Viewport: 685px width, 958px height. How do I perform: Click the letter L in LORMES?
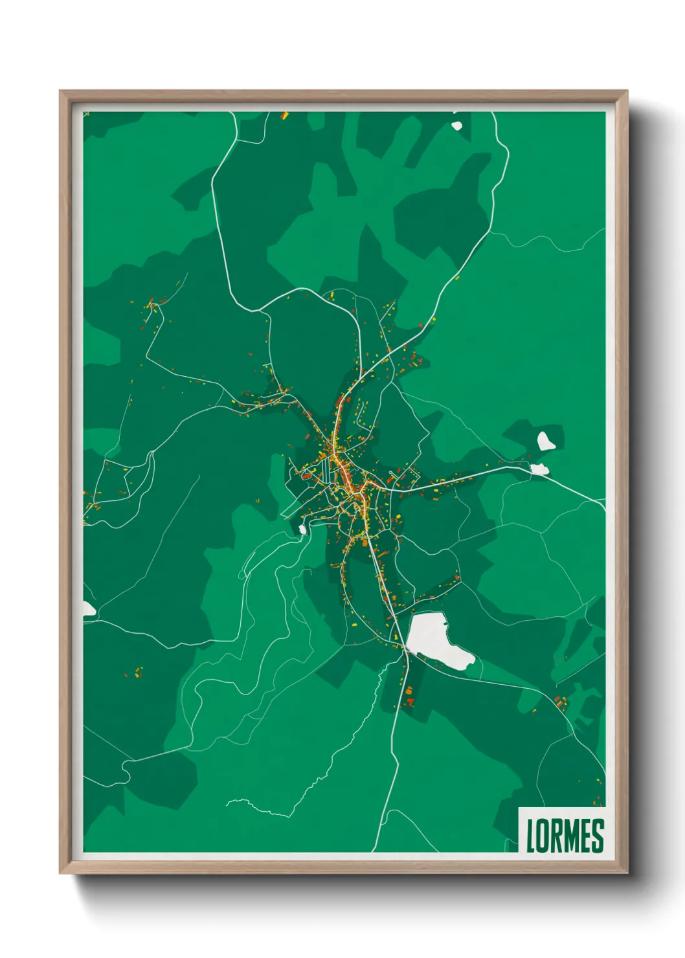531,836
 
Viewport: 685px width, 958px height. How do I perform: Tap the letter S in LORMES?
597,836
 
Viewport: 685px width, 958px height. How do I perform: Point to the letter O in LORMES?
542,836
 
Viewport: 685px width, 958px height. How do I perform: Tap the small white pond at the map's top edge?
457,126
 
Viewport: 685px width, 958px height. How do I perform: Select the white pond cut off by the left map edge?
88,609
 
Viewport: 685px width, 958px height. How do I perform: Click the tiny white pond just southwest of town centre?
302,529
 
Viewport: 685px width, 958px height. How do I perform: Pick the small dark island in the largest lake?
445,623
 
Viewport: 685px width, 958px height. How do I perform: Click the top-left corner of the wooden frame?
61,92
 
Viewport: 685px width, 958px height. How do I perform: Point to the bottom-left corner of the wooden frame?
61,872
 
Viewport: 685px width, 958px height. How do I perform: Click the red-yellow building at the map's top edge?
284,117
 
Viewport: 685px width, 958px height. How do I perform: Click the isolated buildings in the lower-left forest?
137,673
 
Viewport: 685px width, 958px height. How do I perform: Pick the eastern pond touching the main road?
539,469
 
